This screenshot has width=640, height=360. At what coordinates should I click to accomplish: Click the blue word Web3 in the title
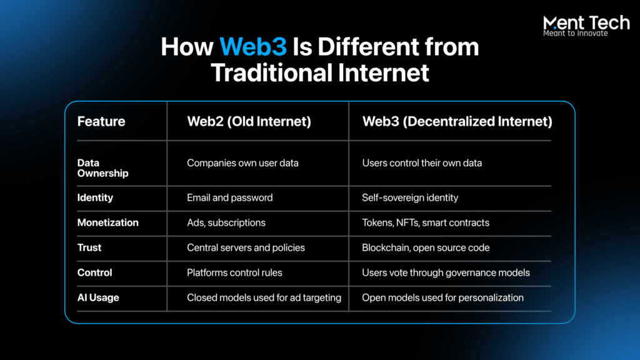[x=253, y=46]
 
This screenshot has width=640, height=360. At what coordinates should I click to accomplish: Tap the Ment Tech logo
[x=586, y=26]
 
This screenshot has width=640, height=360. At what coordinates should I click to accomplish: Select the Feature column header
[x=101, y=121]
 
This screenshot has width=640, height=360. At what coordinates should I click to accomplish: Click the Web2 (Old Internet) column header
[x=249, y=121]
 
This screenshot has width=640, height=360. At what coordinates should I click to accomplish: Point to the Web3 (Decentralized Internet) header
[x=457, y=121]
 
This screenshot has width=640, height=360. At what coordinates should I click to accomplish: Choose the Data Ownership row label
[x=103, y=167]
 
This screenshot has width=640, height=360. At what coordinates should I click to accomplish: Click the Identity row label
[x=95, y=198]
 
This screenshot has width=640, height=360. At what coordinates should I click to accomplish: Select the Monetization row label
[x=107, y=222]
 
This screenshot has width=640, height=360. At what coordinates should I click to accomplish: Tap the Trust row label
[x=89, y=247]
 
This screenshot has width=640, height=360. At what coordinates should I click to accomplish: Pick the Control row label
[x=95, y=272]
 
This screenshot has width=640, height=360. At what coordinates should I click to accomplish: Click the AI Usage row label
[x=98, y=298]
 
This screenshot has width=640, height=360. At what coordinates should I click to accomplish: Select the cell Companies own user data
[x=243, y=163]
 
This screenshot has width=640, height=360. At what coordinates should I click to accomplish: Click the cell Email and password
[x=230, y=198]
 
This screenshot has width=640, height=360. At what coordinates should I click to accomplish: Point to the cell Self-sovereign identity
[x=410, y=198]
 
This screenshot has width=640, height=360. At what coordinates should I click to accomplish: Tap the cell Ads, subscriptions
[x=226, y=223]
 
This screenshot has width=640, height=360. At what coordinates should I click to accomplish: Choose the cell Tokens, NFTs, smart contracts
[x=426, y=223]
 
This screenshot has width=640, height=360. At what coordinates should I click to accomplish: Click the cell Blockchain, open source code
[x=426, y=247]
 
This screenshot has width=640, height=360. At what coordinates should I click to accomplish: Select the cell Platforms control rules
[x=235, y=272]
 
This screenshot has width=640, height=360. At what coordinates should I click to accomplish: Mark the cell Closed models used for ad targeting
[x=264, y=298]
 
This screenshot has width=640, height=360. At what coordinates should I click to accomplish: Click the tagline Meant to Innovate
[x=576, y=34]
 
